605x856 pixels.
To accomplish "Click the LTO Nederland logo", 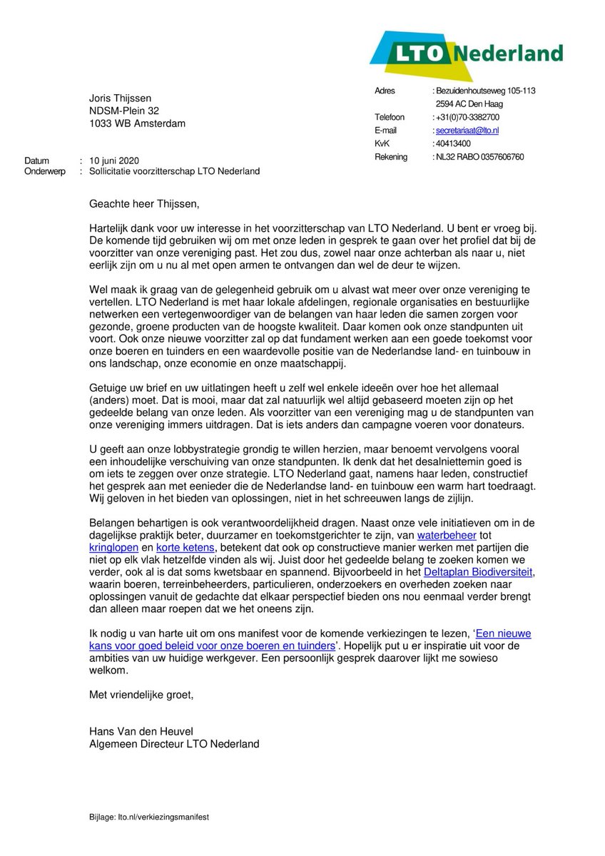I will [x=465, y=54].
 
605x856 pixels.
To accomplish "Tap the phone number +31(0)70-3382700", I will [x=467, y=117].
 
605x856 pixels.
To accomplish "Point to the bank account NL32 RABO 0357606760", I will [x=479, y=157].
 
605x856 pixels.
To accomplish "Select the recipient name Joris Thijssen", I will [x=120, y=98].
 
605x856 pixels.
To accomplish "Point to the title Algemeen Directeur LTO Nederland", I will [x=174, y=744].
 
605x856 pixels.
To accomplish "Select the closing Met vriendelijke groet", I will [x=141, y=694].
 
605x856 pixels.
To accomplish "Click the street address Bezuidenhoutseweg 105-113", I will [x=486, y=91].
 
